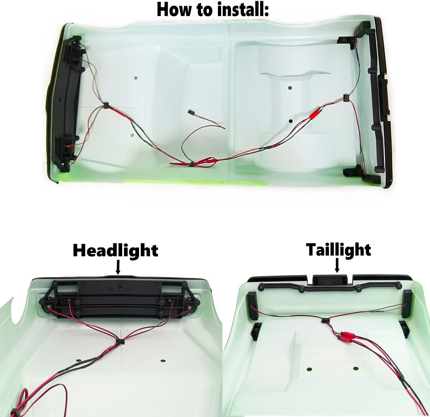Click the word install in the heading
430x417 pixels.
click(240, 10)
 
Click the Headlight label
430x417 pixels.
click(115, 251)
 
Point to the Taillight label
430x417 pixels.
click(339, 250)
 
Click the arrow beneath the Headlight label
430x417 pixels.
click(118, 267)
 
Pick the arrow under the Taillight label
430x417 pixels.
click(337, 265)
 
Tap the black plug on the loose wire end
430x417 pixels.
click(191, 112)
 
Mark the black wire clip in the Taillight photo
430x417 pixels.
click(325, 321)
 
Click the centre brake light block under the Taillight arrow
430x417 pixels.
click(330, 279)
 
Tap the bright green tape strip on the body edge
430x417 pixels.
click(195, 183)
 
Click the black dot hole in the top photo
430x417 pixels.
click(291, 121)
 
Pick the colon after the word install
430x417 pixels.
click(267, 11)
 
